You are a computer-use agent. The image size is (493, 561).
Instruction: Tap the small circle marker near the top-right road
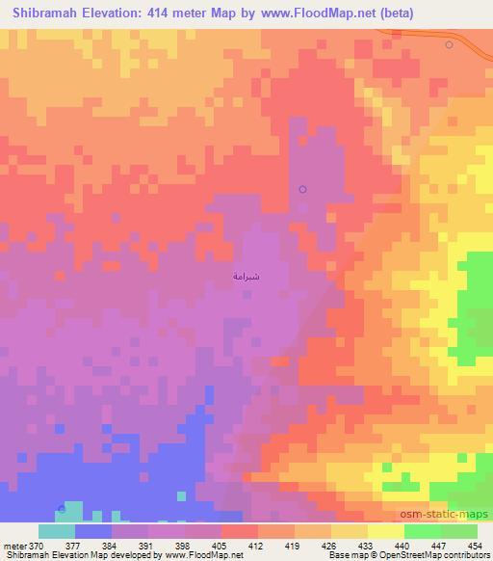click(449, 45)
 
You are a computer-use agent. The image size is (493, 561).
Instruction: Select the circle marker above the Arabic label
click(302, 189)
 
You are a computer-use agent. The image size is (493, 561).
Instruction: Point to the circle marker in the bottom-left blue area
click(63, 508)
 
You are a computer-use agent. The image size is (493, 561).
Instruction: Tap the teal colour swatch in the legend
click(57, 531)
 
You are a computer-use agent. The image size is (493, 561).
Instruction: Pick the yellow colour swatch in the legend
click(386, 531)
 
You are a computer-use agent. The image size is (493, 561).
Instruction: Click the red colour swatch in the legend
click(240, 531)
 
